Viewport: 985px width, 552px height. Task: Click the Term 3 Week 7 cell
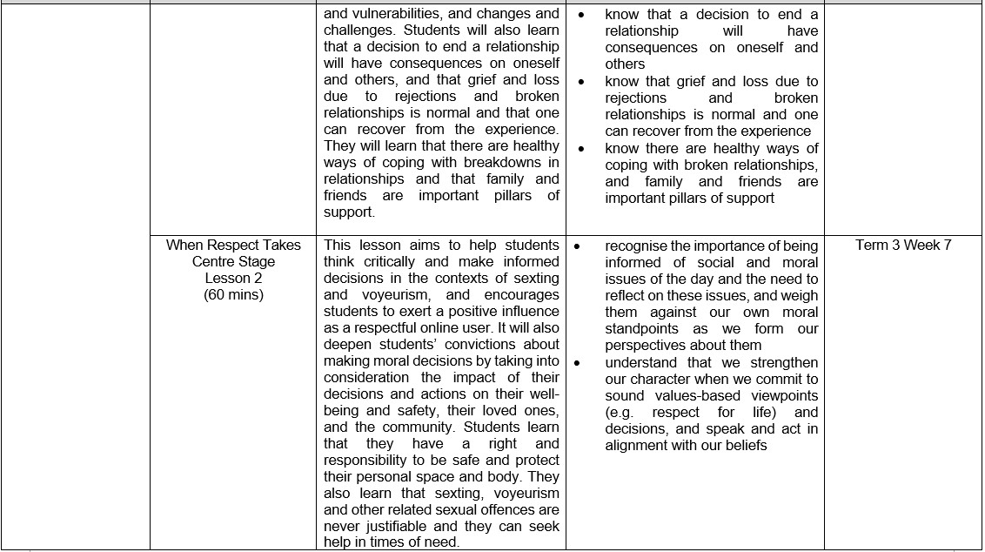[x=903, y=245]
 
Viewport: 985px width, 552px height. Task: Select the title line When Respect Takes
[x=233, y=245]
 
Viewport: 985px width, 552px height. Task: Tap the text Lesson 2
[x=233, y=278]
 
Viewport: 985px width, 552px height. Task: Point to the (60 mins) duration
[x=233, y=294]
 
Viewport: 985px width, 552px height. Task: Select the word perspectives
[x=648, y=346]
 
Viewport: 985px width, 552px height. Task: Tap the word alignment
[x=640, y=446]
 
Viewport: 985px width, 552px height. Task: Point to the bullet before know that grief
[x=580, y=82]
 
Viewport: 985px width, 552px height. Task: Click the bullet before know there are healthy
[x=580, y=149]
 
